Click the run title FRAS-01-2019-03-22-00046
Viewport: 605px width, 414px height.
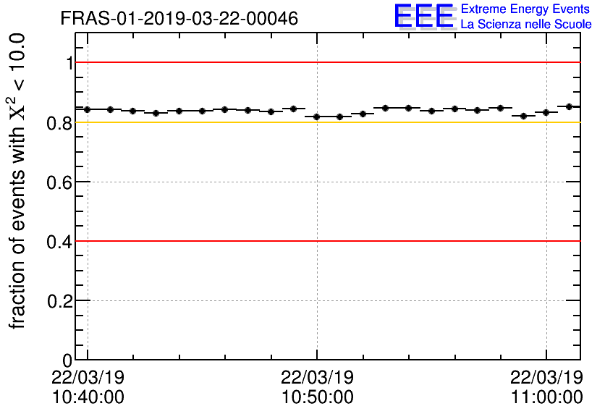pos(179,19)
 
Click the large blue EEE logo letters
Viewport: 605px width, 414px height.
pos(424,17)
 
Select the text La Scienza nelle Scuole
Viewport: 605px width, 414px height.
pos(526,25)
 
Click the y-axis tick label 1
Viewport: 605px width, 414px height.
pos(69,64)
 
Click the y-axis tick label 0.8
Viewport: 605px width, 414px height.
pos(61,123)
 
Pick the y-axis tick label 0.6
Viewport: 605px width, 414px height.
pos(61,182)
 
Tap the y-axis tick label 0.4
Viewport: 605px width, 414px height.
pos(61,242)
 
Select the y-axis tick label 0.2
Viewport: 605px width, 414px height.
pos(61,301)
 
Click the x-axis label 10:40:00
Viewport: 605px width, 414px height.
pos(88,397)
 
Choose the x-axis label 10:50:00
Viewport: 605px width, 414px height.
pos(317,397)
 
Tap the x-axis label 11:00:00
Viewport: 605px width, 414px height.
pos(546,397)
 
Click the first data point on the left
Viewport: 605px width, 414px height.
pos(87,109)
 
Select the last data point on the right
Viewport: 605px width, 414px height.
pos(569,106)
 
